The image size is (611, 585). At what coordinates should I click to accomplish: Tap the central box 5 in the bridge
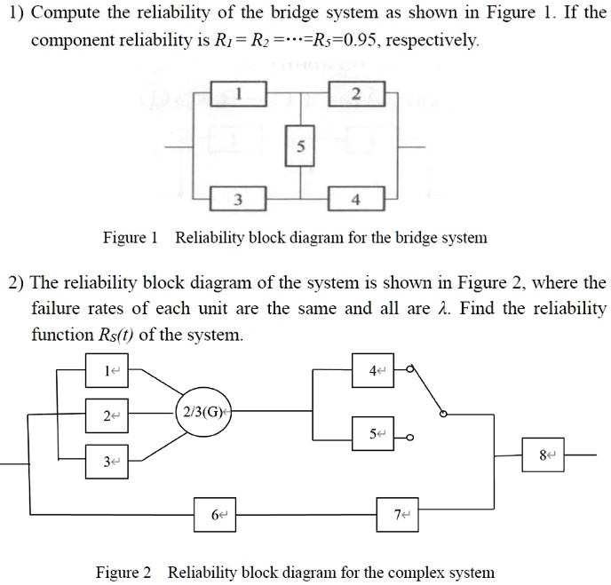coord(299,147)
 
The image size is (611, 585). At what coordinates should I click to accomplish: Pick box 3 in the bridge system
coord(238,200)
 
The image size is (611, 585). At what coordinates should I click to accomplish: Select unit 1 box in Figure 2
coord(109,370)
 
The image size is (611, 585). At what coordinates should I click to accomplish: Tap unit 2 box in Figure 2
coord(109,415)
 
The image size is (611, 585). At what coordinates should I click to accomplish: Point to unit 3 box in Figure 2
coord(109,461)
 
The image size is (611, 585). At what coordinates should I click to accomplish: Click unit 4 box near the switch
coord(379,369)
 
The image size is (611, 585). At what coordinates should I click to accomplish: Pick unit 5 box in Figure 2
coord(379,434)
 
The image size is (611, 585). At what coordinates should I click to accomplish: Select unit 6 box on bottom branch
coord(217,514)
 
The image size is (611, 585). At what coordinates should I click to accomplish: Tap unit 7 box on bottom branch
coord(400,514)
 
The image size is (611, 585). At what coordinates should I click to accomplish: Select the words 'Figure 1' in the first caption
coord(131,237)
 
